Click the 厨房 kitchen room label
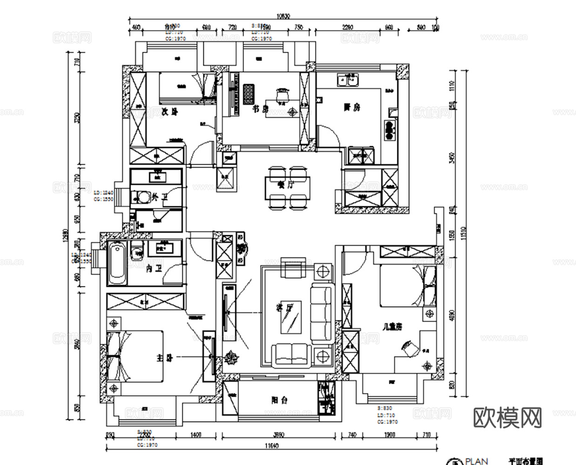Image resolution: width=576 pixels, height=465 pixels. click(x=352, y=107)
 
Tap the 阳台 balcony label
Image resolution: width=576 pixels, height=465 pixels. click(x=280, y=400)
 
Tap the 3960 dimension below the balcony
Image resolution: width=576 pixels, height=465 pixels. click(x=279, y=435)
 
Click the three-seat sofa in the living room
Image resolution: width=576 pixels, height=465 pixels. click(x=321, y=312)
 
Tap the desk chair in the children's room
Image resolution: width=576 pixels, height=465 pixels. click(x=409, y=348)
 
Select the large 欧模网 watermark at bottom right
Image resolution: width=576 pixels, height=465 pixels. click(x=508, y=418)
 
